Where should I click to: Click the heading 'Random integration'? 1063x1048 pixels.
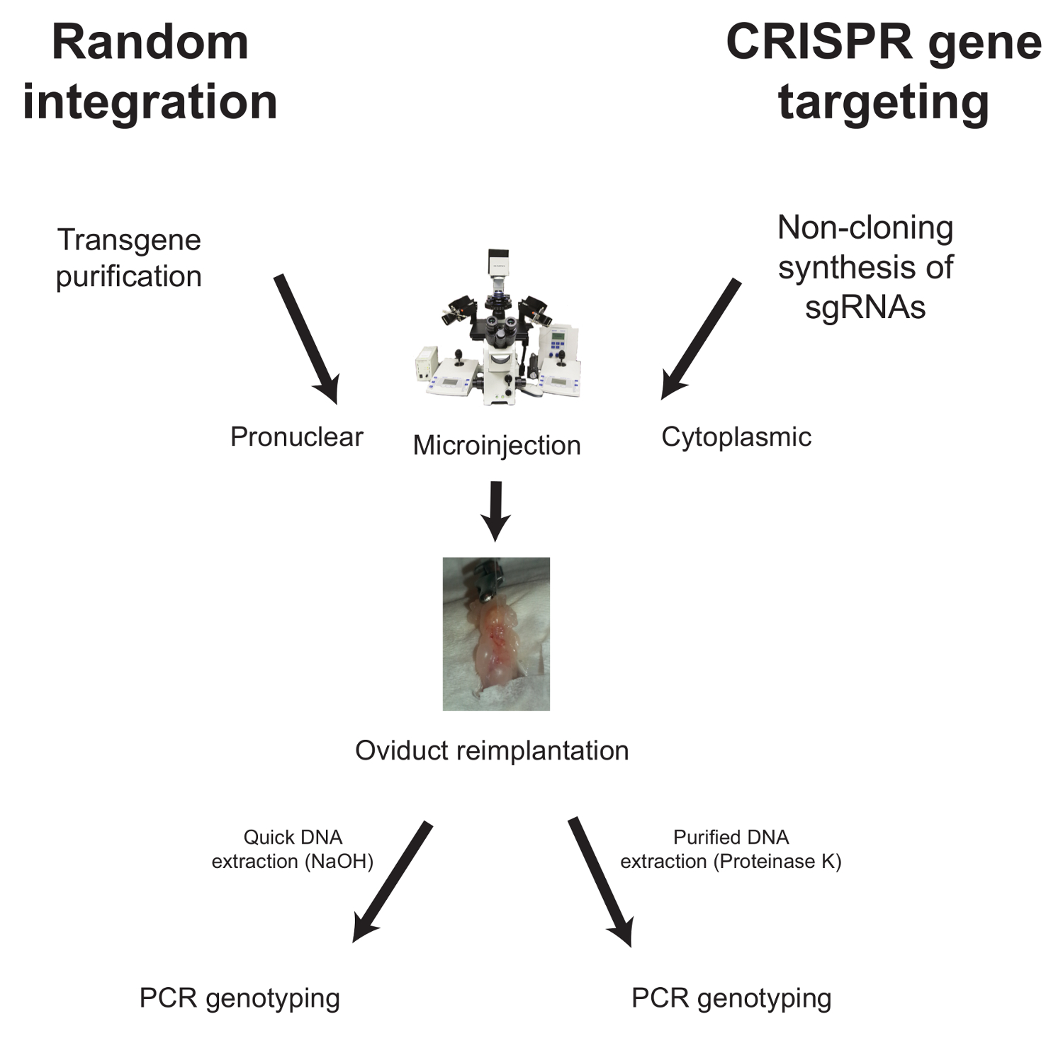click(150, 72)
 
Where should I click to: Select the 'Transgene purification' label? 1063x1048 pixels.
click(129, 259)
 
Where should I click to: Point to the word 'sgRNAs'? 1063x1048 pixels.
click(865, 308)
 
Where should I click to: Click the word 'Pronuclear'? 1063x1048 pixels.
click(297, 436)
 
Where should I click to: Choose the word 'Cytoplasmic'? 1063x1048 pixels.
click(736, 437)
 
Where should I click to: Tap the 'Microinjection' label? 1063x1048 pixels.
click(497, 446)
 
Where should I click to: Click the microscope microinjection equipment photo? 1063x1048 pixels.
click(497, 327)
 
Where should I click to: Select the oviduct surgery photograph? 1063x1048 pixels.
click(496, 633)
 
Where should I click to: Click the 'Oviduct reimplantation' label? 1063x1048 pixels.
click(492, 750)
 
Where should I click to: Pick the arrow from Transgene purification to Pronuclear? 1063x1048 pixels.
click(306, 339)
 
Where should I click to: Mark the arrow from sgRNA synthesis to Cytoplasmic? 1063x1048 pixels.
click(701, 339)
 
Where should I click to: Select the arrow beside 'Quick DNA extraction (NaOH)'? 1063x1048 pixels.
click(392, 882)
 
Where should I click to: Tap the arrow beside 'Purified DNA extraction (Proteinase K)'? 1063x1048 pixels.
click(600, 882)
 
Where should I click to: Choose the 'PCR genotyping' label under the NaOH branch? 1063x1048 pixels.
click(240, 998)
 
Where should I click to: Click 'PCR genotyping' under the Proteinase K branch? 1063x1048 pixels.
click(731, 998)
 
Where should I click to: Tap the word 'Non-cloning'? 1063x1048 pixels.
click(865, 228)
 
